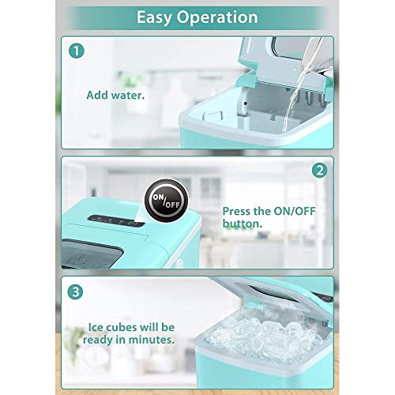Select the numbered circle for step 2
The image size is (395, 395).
click(x=319, y=169)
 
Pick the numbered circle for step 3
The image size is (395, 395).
click(x=75, y=290)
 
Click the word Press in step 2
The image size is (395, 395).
click(x=241, y=211)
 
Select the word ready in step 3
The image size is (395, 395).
click(x=104, y=341)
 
